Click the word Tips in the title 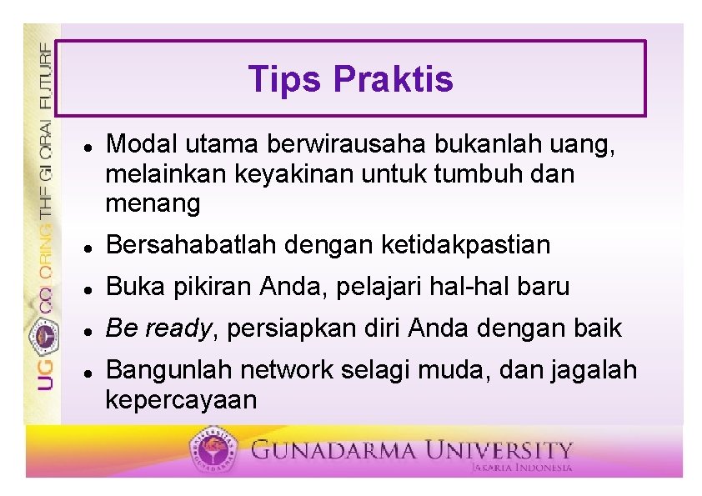[x=284, y=80]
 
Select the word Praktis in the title [x=393, y=80]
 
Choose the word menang [x=153, y=203]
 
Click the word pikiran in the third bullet [x=211, y=287]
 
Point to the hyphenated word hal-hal [x=477, y=287]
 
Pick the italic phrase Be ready [x=158, y=328]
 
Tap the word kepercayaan [x=181, y=400]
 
